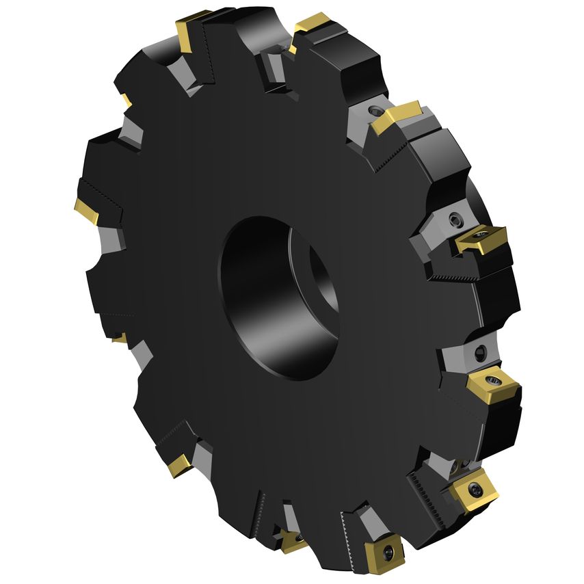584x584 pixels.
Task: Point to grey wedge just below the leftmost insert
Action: [x=110, y=239]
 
